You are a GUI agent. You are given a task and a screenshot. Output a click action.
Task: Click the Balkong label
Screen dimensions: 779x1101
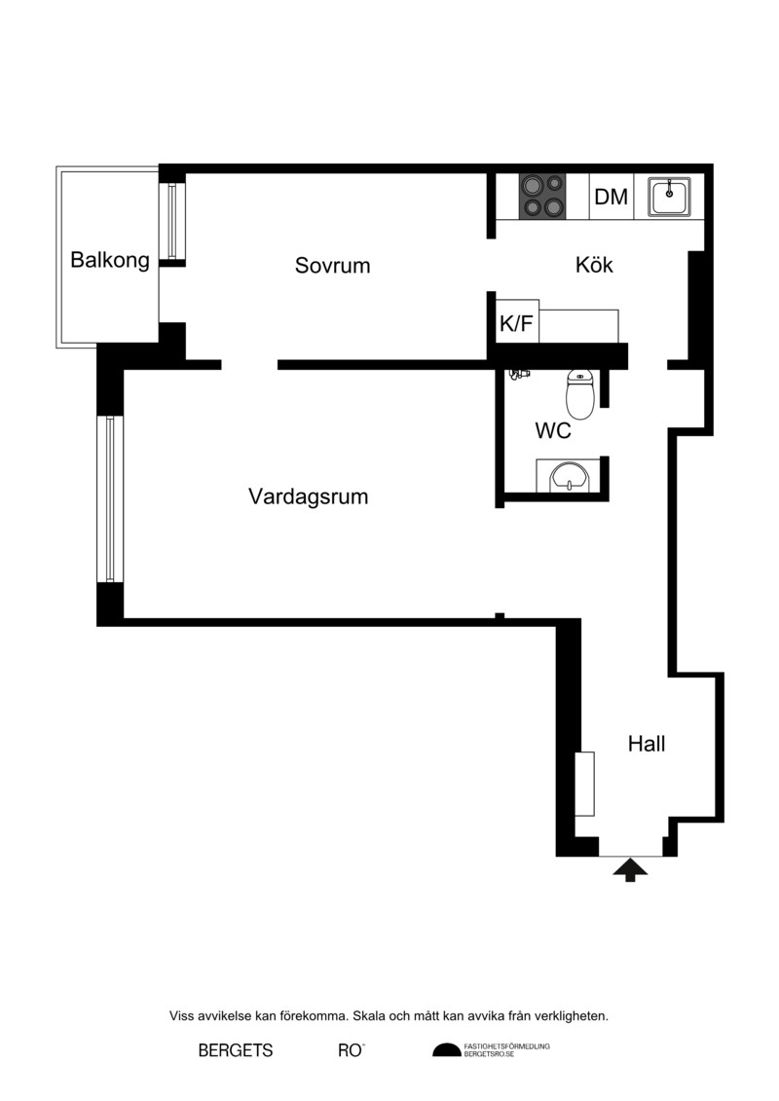coord(110,261)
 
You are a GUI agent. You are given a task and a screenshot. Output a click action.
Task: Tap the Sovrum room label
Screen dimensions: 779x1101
coord(332,266)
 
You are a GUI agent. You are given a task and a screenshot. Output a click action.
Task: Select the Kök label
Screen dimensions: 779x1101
coord(594,265)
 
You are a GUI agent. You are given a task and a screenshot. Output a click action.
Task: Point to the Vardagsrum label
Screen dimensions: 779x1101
coord(308,496)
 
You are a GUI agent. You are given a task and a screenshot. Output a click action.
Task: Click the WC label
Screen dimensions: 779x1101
coord(553,430)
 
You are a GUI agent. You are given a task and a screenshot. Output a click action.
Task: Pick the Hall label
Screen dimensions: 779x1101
coord(647,744)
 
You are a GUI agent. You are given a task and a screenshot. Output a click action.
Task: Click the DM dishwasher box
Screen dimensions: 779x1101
coord(612,197)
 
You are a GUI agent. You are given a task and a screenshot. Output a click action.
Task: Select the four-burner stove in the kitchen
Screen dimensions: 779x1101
coord(542,196)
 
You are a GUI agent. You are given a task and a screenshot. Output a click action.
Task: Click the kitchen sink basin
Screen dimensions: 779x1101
coord(669,196)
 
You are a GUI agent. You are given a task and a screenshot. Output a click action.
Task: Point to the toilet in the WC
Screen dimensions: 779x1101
coord(580,394)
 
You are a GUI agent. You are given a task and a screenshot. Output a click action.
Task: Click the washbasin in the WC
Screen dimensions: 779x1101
coord(569,476)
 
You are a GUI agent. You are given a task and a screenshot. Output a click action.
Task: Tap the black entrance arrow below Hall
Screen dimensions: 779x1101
coord(630,869)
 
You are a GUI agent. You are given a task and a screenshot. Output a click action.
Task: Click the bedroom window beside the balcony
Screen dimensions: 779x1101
coord(172,220)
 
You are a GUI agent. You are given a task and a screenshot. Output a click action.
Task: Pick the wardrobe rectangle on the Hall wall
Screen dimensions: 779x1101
coord(584,784)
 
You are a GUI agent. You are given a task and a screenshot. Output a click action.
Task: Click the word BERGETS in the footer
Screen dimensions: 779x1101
coord(236,1050)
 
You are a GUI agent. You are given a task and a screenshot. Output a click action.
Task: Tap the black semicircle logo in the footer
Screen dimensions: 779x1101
coord(447,1049)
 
